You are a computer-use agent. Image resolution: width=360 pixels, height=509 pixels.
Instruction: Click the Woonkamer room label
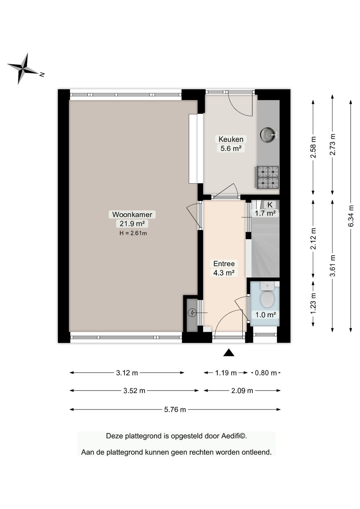pyautogui.click(x=132, y=214)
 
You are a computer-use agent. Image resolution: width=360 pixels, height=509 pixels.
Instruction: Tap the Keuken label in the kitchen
pyautogui.click(x=231, y=139)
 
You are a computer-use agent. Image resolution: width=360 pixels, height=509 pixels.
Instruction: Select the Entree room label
pyautogui.click(x=224, y=264)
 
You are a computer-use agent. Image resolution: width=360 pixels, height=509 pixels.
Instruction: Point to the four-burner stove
pyautogui.click(x=268, y=177)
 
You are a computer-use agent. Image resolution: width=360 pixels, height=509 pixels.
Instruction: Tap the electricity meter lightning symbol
pyautogui.click(x=193, y=313)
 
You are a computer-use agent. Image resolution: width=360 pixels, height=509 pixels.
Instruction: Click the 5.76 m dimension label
pyautogui.click(x=175, y=410)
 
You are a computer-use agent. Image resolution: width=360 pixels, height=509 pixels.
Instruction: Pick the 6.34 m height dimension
pyautogui.click(x=351, y=216)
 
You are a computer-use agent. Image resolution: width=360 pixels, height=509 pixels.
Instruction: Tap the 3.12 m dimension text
pyautogui.click(x=127, y=373)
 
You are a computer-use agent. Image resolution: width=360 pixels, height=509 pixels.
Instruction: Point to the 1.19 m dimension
pyautogui.click(x=226, y=373)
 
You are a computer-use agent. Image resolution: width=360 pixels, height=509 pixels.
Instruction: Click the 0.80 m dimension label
pyautogui.click(x=266, y=373)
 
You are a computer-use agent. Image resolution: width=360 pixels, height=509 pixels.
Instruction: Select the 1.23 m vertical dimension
pyautogui.click(x=313, y=304)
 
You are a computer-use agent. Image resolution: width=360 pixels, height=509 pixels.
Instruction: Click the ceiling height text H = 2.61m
pyautogui.click(x=133, y=233)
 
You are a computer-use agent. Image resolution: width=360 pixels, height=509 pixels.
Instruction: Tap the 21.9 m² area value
pyautogui.click(x=132, y=223)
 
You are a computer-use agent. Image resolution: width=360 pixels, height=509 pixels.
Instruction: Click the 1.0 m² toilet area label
pyautogui.click(x=266, y=315)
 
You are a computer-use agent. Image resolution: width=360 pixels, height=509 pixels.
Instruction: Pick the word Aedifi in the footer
pyautogui.click(x=234, y=436)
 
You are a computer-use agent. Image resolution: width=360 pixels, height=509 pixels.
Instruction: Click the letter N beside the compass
pyautogui.click(x=42, y=74)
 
